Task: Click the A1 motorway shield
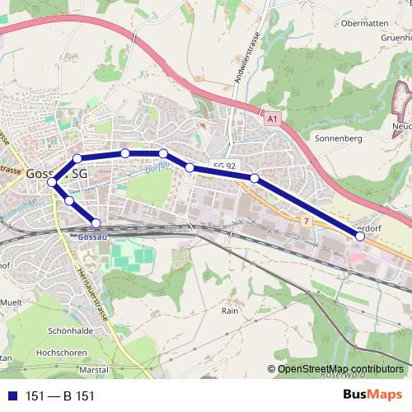pos(273,120)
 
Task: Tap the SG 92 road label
pos(224,166)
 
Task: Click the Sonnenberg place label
pos(339,139)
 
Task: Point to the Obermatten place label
pos(364,22)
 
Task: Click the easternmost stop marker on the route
pos(360,236)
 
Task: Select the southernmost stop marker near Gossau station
pos(96,222)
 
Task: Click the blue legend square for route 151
pos(9,396)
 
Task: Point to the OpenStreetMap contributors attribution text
pos(340,368)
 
